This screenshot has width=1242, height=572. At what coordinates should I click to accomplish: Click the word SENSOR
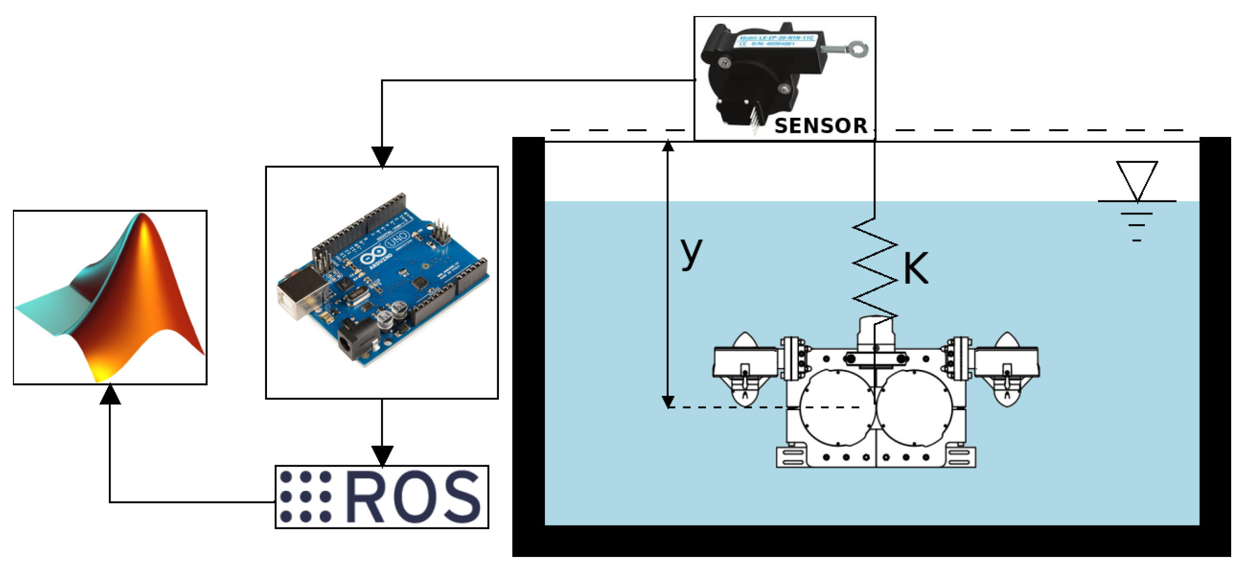point(821,126)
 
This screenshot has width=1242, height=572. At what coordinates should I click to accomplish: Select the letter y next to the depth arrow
point(691,252)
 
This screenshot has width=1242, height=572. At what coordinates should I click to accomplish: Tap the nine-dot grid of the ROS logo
point(305,497)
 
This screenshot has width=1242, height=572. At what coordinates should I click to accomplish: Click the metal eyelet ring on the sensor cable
point(858,49)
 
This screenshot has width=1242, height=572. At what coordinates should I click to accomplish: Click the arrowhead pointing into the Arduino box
point(382,157)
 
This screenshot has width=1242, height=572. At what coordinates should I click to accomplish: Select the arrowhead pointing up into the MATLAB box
point(110,395)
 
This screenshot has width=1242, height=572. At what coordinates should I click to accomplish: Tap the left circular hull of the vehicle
point(837,408)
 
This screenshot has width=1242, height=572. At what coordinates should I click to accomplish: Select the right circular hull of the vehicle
point(915,408)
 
